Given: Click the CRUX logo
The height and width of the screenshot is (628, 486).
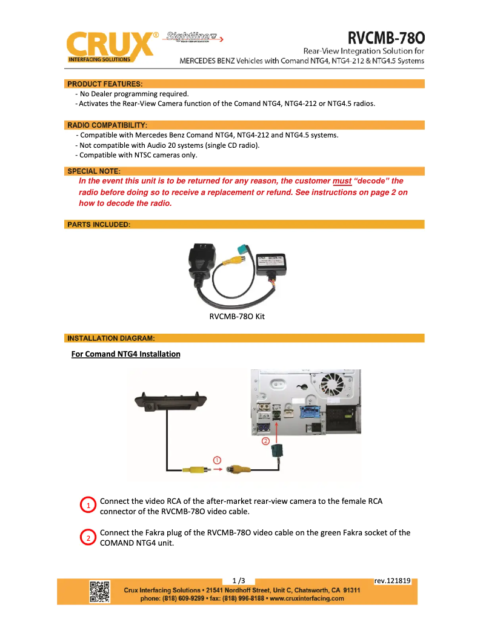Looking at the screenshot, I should point(109,47).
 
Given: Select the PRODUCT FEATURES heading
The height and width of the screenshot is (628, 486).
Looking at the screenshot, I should point(105,84).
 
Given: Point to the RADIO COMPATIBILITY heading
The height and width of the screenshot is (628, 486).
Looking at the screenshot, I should point(107,125).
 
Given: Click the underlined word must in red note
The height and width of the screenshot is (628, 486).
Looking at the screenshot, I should point(342,181).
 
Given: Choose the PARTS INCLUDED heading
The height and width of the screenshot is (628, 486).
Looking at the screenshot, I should point(99,225).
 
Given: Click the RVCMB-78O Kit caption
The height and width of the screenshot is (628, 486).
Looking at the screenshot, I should point(237,316).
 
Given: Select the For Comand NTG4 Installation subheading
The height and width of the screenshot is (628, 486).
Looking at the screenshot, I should point(125,354).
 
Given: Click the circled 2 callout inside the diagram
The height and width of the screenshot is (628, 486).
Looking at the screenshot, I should point(265,441).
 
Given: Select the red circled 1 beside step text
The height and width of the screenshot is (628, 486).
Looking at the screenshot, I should point(88,505).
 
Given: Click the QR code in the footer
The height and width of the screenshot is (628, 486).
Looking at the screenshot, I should point(100,591).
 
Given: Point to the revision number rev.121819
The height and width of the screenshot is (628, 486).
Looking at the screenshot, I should point(393,581).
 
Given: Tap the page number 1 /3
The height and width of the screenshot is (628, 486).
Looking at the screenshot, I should point(239,580).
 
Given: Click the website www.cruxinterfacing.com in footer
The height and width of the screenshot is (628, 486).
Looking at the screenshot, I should point(307,598).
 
